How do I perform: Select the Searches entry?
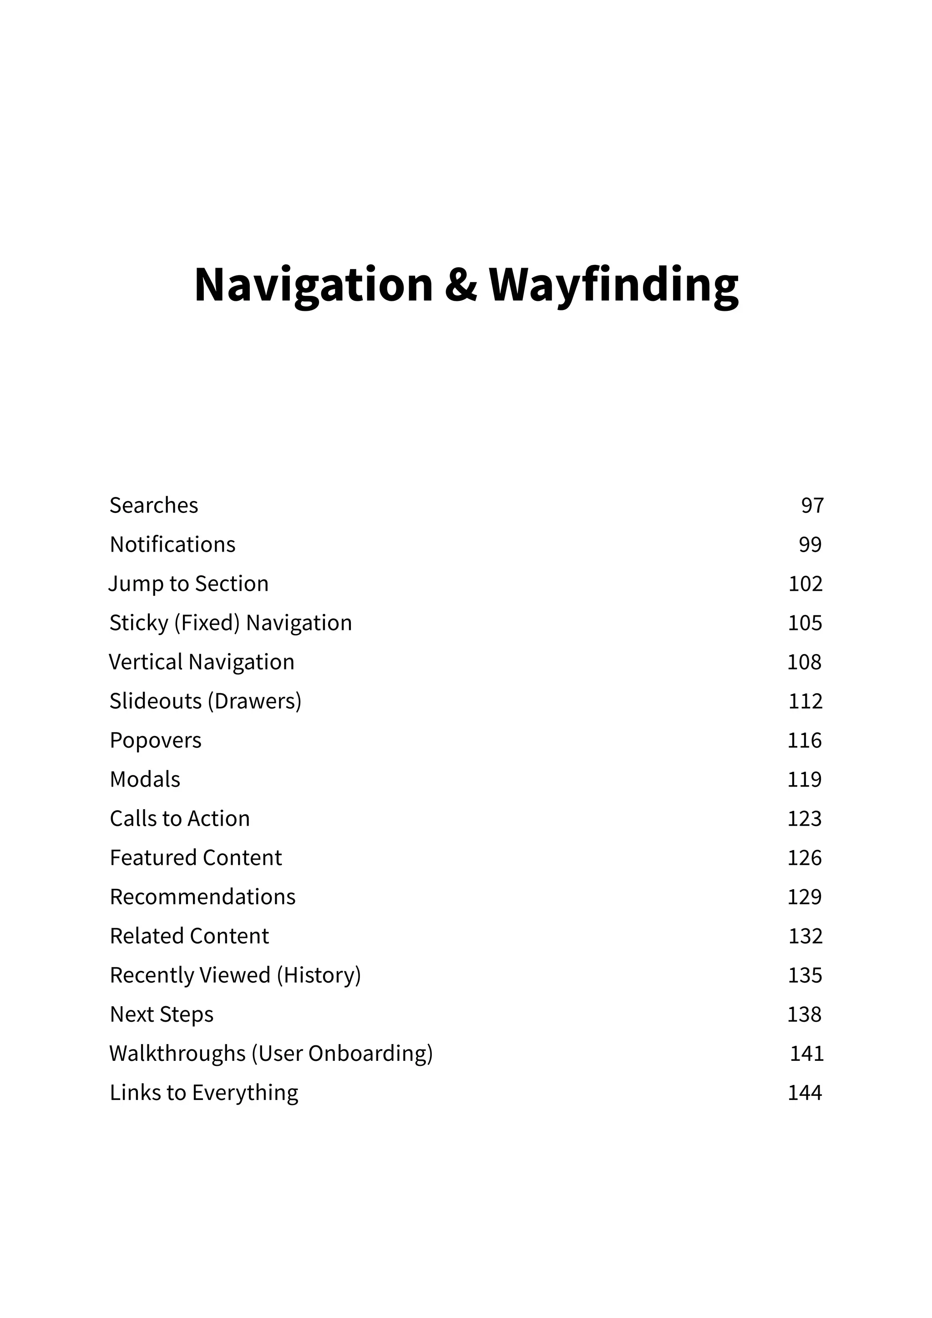(x=154, y=506)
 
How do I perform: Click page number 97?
(x=812, y=506)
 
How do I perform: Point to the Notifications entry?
(x=172, y=545)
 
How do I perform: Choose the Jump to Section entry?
(x=189, y=584)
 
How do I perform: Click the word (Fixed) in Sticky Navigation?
(x=207, y=623)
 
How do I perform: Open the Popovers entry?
(x=156, y=740)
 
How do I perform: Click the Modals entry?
(x=145, y=780)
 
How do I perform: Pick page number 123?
(x=804, y=819)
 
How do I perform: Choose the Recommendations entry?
(x=203, y=897)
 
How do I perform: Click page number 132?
(x=805, y=936)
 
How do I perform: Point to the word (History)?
(x=319, y=975)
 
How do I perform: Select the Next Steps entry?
(x=161, y=1015)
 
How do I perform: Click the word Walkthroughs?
(x=177, y=1054)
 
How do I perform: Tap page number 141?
(x=806, y=1054)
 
